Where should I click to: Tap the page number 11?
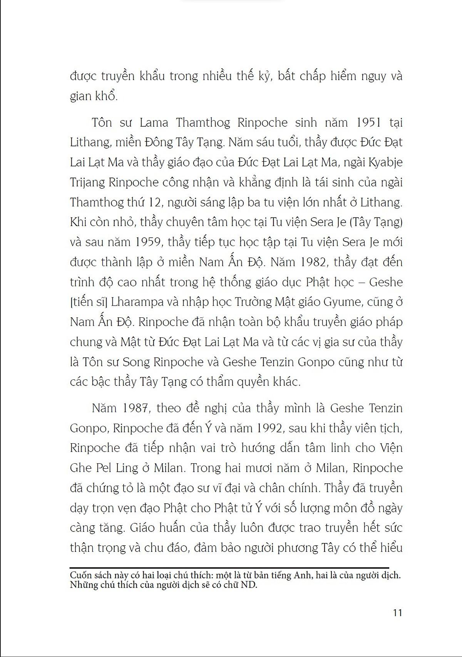coord(396,613)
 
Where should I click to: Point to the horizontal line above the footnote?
coord(229,568)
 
